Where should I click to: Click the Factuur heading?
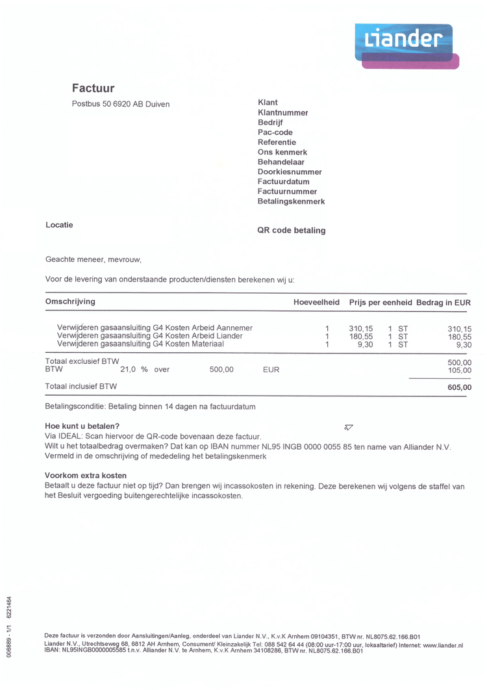[93, 88]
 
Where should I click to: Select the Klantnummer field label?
[282, 112]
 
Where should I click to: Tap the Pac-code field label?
[275, 132]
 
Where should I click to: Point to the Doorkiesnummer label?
[290, 172]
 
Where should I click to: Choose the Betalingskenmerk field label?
[291, 201]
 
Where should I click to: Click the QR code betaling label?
[292, 230]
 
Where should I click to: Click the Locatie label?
[59, 225]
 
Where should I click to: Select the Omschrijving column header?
[70, 302]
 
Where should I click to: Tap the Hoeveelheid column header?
[317, 302]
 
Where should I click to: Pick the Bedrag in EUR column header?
[443, 302]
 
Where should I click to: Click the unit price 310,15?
[361, 328]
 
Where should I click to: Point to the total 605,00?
[459, 387]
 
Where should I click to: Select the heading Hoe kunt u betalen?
[82, 426]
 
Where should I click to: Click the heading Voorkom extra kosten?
[86, 476]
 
